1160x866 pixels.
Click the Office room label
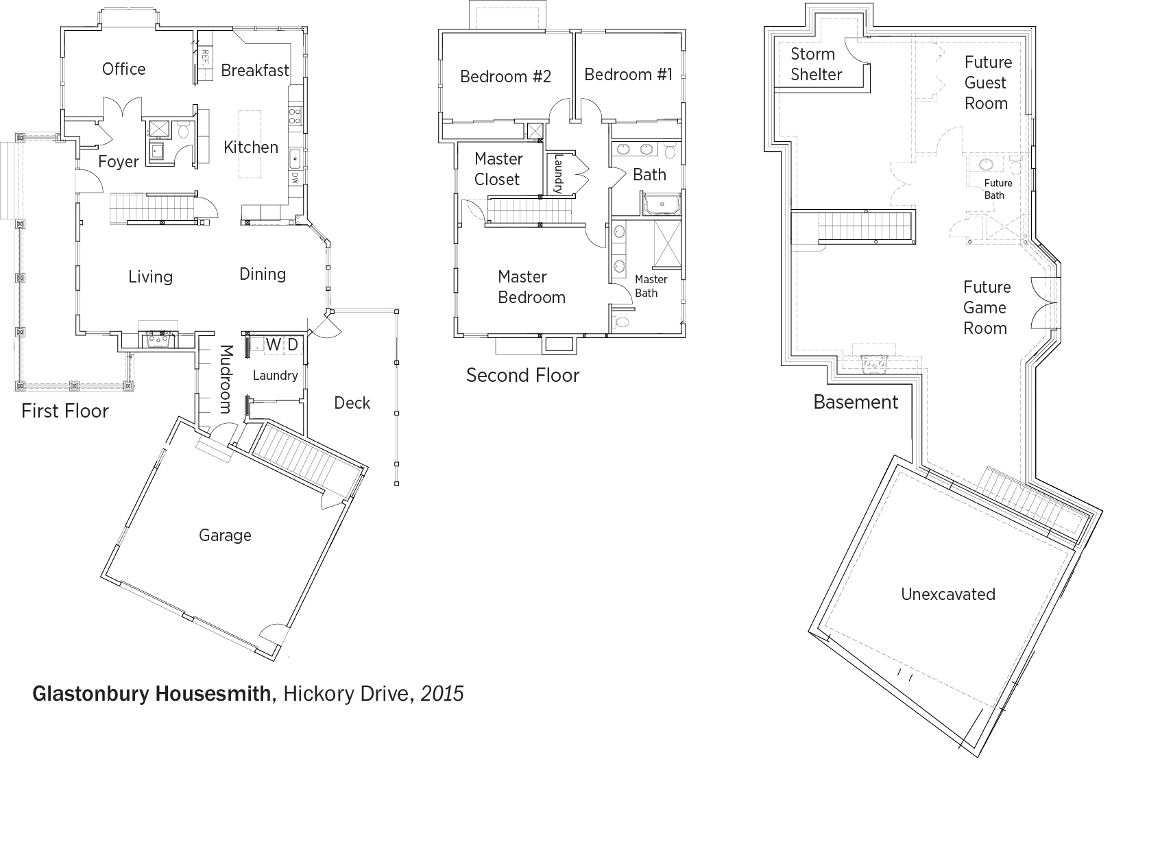124,69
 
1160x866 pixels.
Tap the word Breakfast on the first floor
255,70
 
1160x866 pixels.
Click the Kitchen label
251,147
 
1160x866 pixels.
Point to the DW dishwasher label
294,178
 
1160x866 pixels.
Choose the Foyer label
119,162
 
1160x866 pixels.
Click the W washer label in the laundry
274,344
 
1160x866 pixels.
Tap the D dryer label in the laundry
293,344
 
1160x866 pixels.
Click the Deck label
352,403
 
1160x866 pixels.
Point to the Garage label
225,535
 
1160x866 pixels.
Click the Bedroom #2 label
505,76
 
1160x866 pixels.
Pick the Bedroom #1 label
629,74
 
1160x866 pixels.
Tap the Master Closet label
498,169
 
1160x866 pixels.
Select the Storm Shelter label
817,64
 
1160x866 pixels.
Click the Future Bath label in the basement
998,189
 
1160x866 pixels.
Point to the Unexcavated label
948,594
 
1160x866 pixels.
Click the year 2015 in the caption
442,694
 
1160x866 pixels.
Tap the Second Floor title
522,375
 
